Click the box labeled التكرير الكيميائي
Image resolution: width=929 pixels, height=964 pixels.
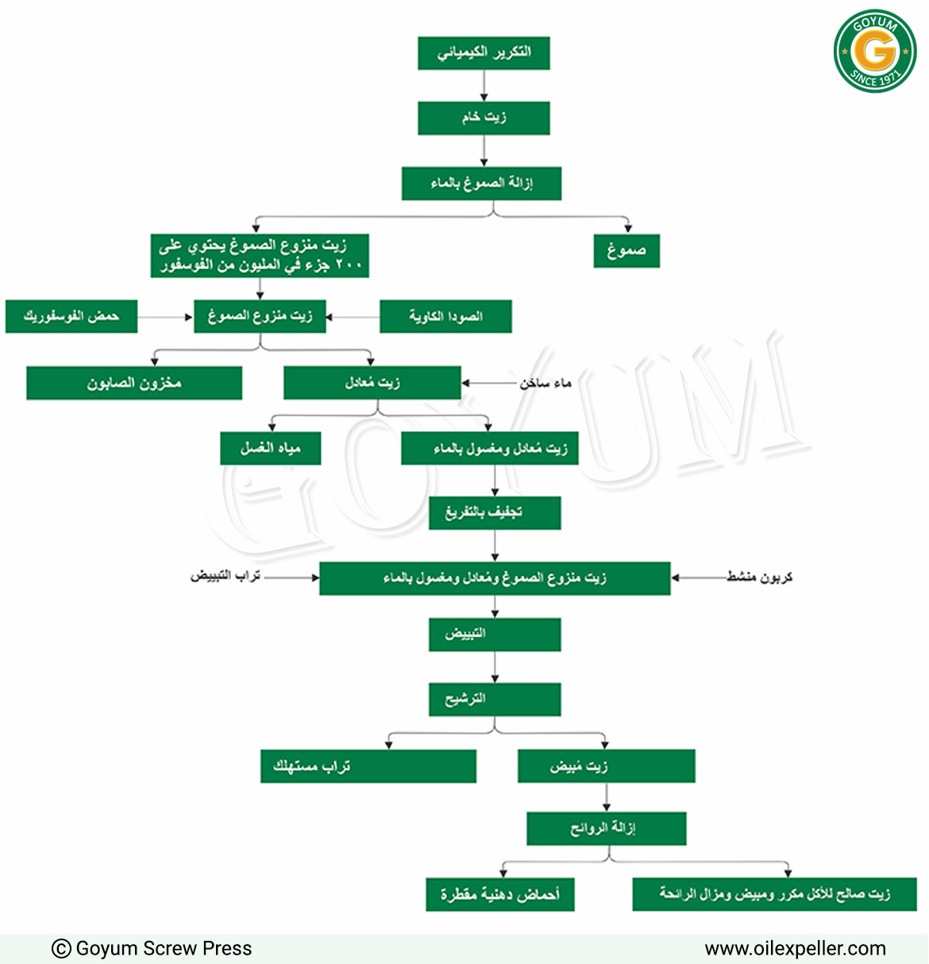484,53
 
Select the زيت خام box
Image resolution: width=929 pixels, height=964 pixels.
484,118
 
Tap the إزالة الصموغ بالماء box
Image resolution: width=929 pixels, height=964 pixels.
482,183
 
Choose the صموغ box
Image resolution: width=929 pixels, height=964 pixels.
626,251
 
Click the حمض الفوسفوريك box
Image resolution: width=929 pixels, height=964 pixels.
71,316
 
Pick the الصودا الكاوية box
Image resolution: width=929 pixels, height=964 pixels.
446,316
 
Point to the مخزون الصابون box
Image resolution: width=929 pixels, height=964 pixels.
134,383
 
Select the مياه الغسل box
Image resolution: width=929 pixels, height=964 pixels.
271,449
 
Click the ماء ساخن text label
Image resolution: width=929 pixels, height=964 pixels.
545,383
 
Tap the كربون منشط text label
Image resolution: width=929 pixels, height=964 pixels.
760,577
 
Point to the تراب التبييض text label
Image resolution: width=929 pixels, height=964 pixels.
226,576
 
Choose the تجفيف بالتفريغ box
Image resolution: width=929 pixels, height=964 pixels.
495,513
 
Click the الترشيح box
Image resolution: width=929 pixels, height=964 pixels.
495,700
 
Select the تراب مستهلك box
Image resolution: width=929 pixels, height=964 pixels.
368,766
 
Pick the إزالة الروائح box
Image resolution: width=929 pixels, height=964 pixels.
607,829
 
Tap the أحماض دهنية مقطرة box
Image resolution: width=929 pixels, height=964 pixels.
500,895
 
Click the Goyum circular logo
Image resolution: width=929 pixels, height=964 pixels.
875,51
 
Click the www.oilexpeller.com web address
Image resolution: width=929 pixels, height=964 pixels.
796,949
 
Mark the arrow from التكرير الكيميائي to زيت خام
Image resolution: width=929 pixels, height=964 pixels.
484,86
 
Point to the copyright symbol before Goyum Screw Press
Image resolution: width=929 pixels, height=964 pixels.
61,949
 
